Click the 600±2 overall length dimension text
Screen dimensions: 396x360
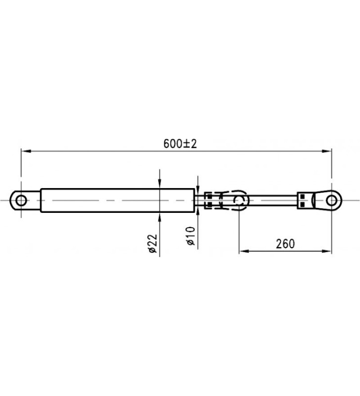click(x=180, y=144)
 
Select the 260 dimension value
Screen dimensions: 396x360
click(x=285, y=244)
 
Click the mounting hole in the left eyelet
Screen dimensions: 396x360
click(x=20, y=200)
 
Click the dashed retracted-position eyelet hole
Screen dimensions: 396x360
click(x=240, y=200)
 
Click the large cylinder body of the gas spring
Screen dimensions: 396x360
click(x=114, y=200)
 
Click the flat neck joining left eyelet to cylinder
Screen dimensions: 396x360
click(x=35, y=200)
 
